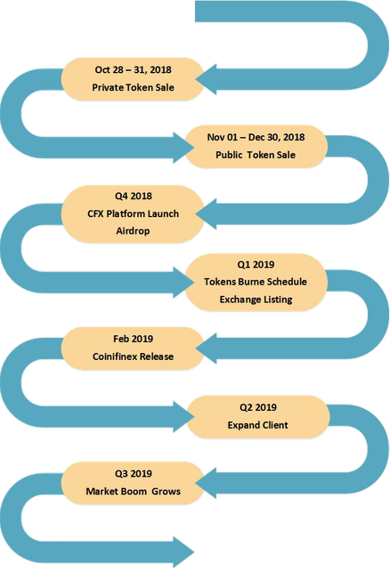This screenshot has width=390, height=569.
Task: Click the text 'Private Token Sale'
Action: [x=133, y=87]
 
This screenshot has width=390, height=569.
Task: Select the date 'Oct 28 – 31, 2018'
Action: [x=133, y=69]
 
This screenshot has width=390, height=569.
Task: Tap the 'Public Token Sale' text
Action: [x=256, y=155]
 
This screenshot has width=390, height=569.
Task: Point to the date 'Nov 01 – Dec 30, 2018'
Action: [x=256, y=137]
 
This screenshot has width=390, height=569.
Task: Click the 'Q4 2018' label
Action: [x=134, y=196]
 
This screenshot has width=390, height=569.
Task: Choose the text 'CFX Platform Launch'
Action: [x=133, y=213]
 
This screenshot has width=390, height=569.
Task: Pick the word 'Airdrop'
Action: [x=133, y=231]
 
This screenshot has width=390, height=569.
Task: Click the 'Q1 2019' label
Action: [x=256, y=265]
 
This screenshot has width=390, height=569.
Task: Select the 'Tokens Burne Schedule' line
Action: [x=256, y=282]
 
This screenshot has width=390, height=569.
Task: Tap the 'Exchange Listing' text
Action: [x=256, y=300]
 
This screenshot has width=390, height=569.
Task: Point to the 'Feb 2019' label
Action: [x=133, y=339]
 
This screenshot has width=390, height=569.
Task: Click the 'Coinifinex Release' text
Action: [x=133, y=357]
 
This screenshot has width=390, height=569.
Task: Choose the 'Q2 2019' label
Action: [x=258, y=407]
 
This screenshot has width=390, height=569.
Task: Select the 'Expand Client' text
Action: [x=258, y=425]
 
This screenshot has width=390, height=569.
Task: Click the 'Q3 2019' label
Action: [x=134, y=474]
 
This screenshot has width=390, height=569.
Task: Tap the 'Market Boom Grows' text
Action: [x=133, y=492]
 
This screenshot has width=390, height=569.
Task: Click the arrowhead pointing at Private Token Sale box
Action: [x=207, y=79]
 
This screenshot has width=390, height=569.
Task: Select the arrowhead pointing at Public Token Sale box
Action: [x=183, y=148]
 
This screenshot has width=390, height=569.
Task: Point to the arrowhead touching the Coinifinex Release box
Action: [x=207, y=349]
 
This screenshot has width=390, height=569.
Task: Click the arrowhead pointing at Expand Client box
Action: [x=183, y=417]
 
